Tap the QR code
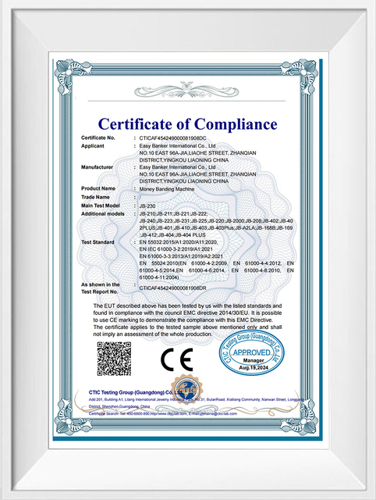(114, 359)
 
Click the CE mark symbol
(176, 360)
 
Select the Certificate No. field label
(98, 138)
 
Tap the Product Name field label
(98, 188)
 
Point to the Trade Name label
(97, 197)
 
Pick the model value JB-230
(147, 205)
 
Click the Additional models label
(103, 213)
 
